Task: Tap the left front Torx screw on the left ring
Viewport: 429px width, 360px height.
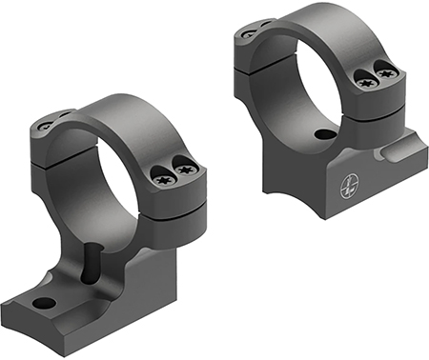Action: pyautogui.click(x=161, y=174)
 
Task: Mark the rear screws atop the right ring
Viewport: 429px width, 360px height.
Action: pyautogui.click(x=252, y=30)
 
